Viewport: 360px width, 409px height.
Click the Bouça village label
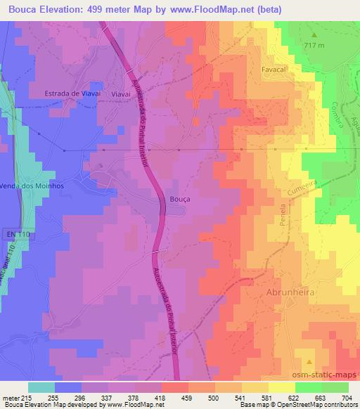coord(180,200)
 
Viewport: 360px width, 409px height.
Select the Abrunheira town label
coord(289,291)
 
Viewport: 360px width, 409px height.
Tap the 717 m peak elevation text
coord(315,46)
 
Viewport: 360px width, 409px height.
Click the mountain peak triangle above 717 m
coord(314,35)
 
